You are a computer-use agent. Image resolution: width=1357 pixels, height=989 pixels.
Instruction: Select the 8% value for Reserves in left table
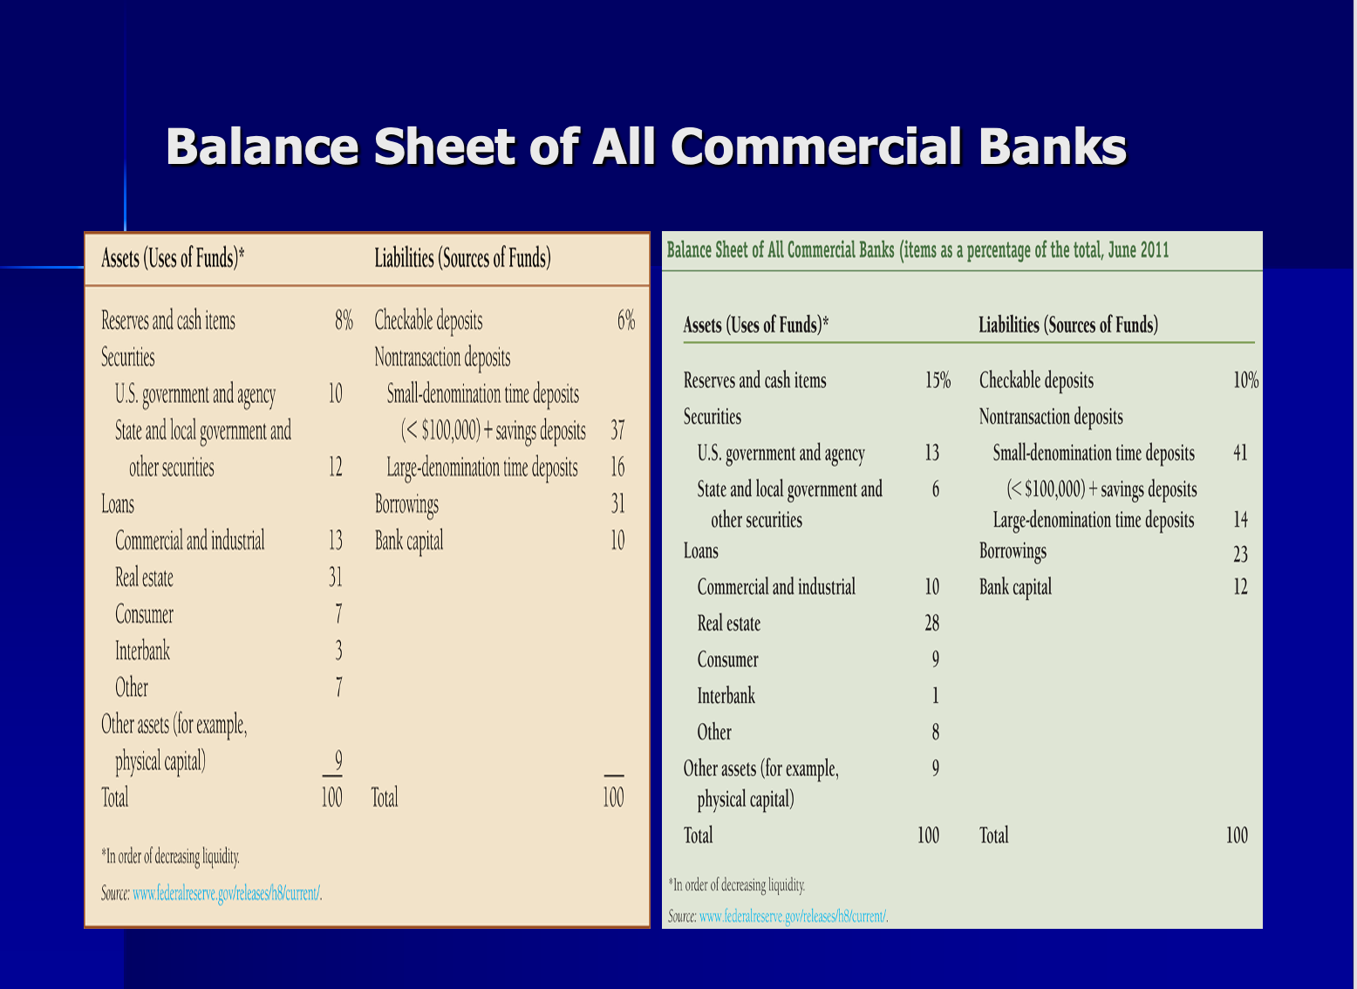tap(344, 321)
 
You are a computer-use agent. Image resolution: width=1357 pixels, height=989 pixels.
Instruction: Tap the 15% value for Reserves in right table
tap(938, 381)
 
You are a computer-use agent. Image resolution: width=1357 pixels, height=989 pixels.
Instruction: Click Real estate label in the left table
tap(144, 578)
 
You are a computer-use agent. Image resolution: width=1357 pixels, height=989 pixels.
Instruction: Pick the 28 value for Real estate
tap(931, 624)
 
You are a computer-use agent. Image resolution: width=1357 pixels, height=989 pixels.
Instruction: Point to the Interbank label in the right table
tap(726, 696)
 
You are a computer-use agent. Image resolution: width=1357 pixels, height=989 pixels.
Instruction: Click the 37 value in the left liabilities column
tap(617, 431)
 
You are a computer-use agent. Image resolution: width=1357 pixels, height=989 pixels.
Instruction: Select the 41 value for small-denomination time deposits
tap(1240, 454)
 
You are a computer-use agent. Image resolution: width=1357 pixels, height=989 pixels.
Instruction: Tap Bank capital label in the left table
tap(409, 542)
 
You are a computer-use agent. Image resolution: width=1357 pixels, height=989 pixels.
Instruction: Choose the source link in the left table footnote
tap(226, 894)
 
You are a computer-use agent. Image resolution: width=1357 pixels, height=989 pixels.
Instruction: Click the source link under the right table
tap(793, 917)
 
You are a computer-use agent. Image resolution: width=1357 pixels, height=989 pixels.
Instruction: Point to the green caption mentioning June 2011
tap(917, 251)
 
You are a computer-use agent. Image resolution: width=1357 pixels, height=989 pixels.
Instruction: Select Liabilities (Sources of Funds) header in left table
tap(462, 258)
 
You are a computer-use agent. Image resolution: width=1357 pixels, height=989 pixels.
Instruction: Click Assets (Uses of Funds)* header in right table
tap(755, 326)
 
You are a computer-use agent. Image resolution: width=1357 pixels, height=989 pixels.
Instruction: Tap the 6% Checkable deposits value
tap(625, 321)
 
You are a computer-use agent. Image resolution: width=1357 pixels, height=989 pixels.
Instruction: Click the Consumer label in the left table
tap(144, 615)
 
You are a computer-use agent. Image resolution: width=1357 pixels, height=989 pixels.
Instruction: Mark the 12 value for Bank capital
tap(1240, 587)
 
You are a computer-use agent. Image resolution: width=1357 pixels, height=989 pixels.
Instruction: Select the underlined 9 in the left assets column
tap(338, 761)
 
